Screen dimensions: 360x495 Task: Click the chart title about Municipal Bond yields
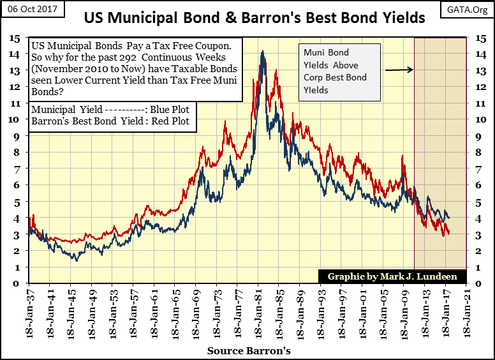[255, 18]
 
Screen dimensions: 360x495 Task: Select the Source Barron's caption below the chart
[249, 350]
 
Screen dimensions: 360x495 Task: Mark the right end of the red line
[448, 232]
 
